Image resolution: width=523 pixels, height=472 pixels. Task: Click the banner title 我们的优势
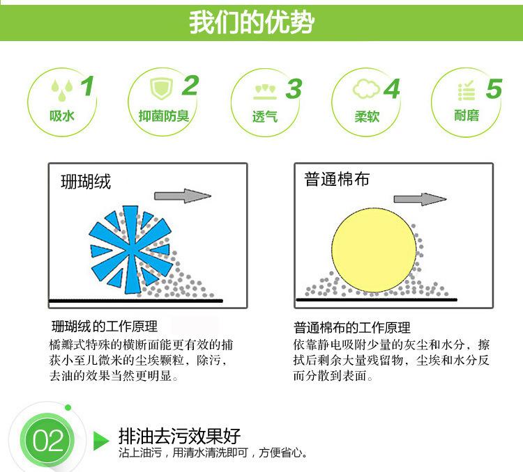[x=252, y=22]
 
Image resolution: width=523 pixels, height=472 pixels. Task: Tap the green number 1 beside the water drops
[x=87, y=86]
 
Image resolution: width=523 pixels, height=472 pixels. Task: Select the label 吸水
[x=61, y=116]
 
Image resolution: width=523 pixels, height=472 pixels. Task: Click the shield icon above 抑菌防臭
[x=162, y=88]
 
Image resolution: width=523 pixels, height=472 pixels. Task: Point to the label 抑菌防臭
[x=164, y=116]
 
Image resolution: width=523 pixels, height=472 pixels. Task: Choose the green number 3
[x=294, y=89]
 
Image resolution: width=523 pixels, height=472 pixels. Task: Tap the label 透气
[x=265, y=116]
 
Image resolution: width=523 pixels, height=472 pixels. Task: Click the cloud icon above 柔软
[x=366, y=89]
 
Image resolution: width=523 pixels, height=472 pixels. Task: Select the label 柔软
[x=367, y=116]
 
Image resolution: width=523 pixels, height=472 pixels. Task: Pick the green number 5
[x=494, y=88]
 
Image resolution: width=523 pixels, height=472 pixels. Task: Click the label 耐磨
[x=467, y=116]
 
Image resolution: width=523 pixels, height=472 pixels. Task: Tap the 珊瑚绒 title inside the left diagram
[x=86, y=182]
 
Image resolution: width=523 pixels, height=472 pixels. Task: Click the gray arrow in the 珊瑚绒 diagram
[x=183, y=196]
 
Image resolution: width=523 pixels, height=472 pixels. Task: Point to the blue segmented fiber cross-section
[x=131, y=249]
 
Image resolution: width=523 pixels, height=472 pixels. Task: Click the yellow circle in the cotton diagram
[x=374, y=250]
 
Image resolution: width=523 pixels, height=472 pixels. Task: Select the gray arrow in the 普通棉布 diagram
[x=420, y=199]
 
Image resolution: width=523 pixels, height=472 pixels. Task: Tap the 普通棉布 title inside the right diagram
[x=337, y=179]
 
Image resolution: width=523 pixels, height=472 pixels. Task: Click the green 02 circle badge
[x=47, y=440]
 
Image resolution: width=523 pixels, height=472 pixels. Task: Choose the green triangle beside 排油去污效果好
[x=101, y=441]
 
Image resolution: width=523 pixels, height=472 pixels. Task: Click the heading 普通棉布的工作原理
[x=352, y=328]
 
